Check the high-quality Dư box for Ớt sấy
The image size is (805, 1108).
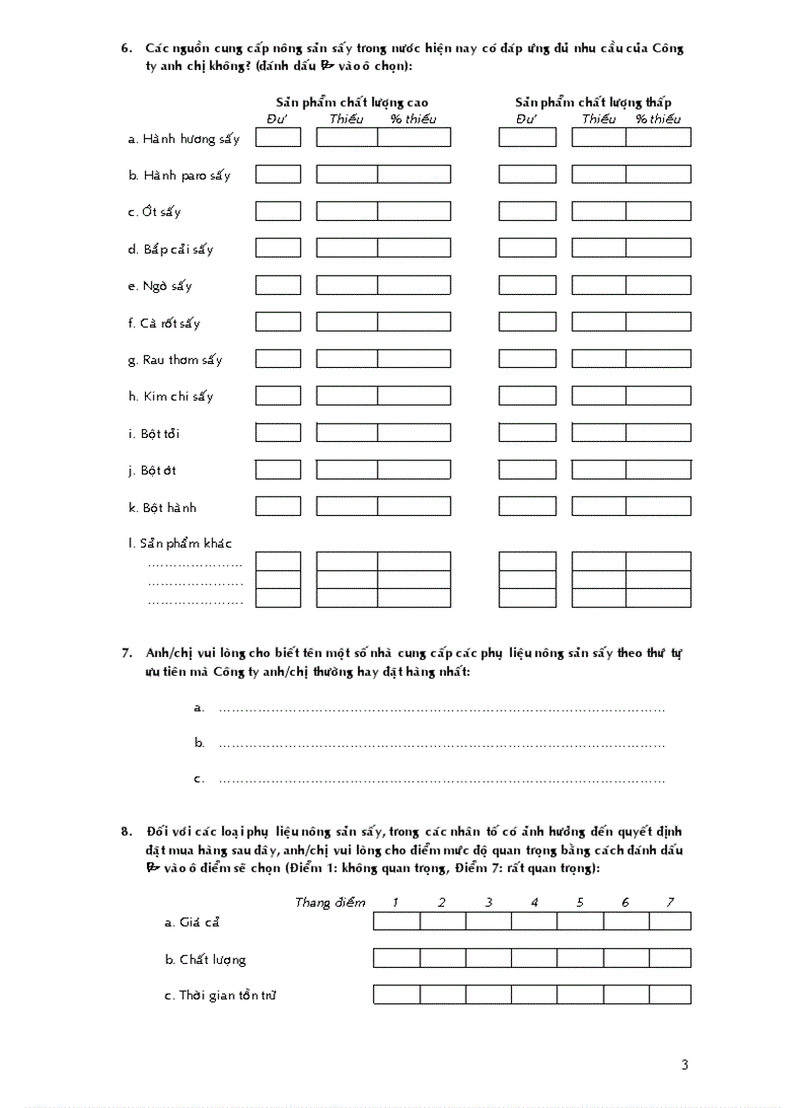point(278,211)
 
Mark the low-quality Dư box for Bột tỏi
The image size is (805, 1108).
point(527,432)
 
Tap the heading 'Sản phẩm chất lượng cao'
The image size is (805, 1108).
point(351,103)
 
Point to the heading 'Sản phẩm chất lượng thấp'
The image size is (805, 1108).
point(593,103)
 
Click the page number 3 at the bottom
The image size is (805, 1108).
point(685,1064)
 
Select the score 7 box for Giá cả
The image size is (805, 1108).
point(670,922)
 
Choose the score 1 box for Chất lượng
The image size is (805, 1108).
point(397,958)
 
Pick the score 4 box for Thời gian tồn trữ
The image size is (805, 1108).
point(534,995)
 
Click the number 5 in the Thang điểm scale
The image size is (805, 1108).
point(580,902)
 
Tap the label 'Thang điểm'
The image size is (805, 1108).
point(329,902)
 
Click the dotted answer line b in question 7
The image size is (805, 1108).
point(441,744)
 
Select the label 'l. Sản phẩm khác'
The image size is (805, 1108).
point(180,544)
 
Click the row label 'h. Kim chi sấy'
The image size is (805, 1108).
point(170,397)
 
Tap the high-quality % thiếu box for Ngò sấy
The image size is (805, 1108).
point(413,285)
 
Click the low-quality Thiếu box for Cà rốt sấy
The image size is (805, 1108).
point(598,322)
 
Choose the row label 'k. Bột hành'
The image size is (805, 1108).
point(162,507)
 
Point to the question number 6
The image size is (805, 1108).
point(127,48)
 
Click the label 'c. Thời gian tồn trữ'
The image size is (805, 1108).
point(220,996)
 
